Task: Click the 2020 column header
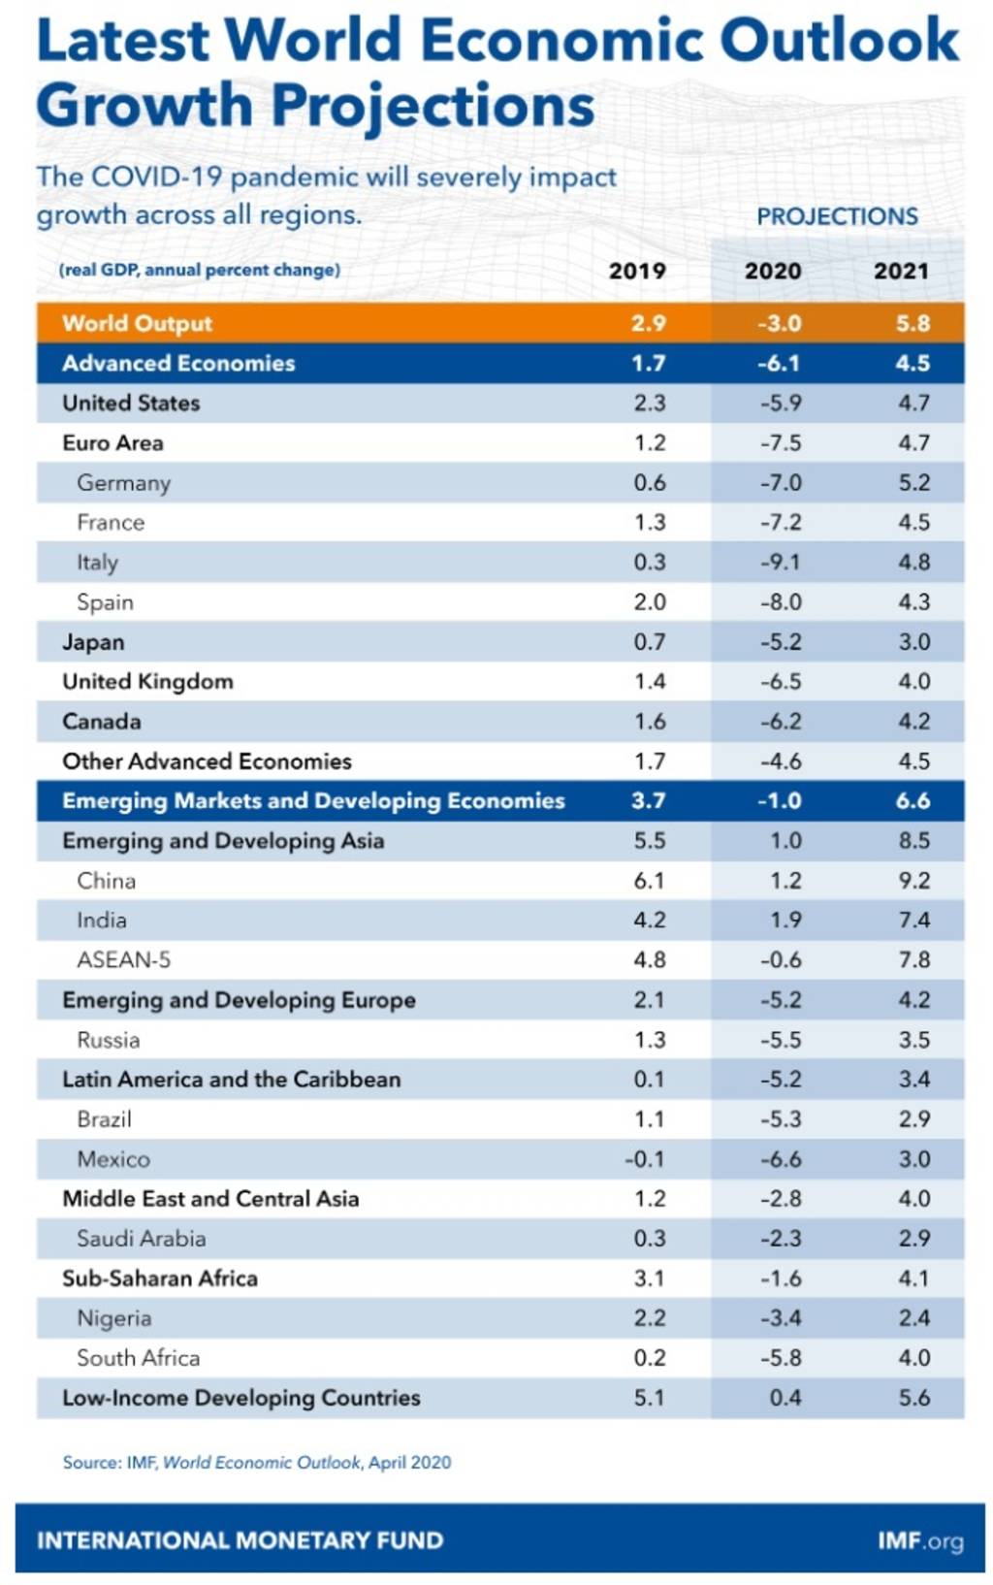coord(772,271)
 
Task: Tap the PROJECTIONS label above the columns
coord(837,216)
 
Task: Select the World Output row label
coord(137,323)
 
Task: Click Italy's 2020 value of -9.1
coord(780,563)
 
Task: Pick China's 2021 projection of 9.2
coord(913,881)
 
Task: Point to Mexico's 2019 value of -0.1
coord(645,1159)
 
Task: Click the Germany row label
coord(123,483)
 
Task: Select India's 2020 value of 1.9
coord(785,921)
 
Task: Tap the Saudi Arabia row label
coord(141,1239)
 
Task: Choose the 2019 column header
coord(637,271)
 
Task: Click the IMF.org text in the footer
coord(920,1540)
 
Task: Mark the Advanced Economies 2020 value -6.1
coord(780,364)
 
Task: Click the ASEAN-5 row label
coord(123,960)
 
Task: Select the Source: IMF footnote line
coord(257,1462)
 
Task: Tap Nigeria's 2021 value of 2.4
coord(913,1318)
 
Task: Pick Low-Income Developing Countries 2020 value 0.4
coord(785,1398)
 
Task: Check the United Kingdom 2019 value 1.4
coord(650,682)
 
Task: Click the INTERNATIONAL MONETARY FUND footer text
coord(240,1540)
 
